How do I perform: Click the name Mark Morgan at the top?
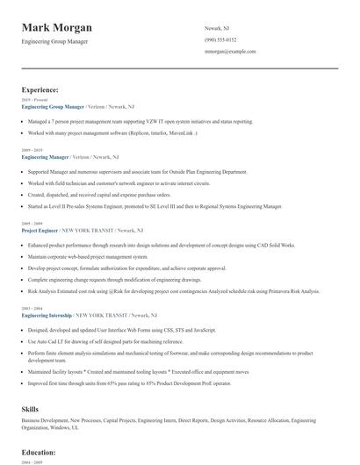60,27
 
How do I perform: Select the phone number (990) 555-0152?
220,40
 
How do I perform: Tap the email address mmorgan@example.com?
230,52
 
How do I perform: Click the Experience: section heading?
40,89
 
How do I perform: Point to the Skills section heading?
30,409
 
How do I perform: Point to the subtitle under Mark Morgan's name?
54,41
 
